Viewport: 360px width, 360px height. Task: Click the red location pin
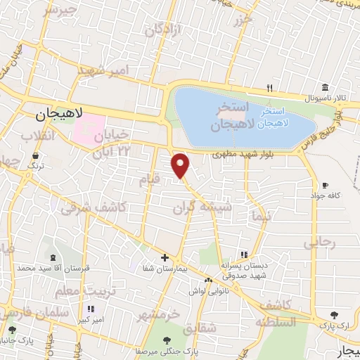tap(181, 165)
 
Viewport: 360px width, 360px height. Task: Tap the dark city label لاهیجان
tap(59, 112)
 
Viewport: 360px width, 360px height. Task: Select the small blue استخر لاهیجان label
tap(271, 117)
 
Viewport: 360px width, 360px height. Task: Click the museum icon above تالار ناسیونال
tap(324, 88)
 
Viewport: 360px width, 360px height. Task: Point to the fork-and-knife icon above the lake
tap(269, 88)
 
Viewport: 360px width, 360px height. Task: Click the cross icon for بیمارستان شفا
tap(165, 257)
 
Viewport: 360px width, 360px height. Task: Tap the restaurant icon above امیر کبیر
tap(90, 309)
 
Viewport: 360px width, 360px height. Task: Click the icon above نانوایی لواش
tap(207, 280)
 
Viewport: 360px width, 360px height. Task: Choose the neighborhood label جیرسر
tap(60, 10)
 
